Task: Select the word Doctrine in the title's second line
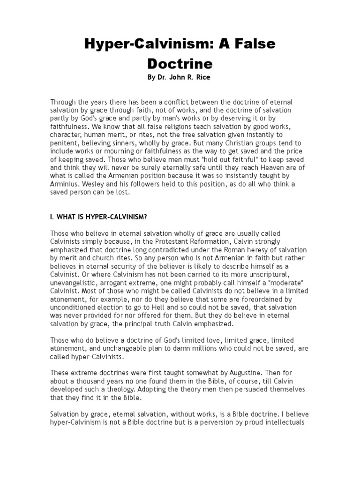click(x=180, y=63)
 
